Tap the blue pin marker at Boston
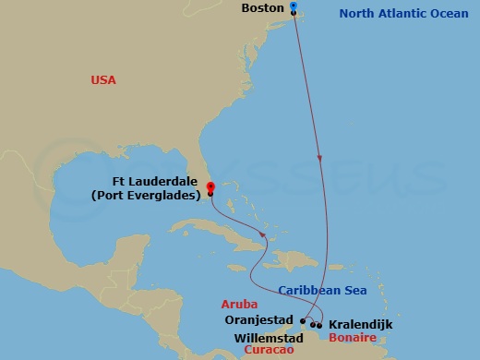[293, 6]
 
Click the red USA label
[103, 80]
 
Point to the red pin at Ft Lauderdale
[210, 187]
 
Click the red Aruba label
[238, 304]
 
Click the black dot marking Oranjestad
[301, 320]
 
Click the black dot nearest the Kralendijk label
[319, 325]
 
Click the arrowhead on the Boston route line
[319, 158]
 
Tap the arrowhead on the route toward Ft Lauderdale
[263, 236]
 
